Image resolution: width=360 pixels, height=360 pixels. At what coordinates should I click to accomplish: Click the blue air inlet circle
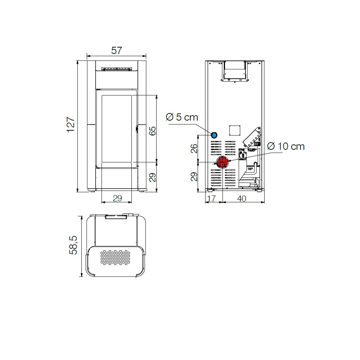tap(214, 135)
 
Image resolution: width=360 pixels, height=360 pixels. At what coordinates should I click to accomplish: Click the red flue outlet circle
tap(222, 162)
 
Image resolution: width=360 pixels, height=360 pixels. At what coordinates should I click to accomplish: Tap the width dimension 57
tap(117, 50)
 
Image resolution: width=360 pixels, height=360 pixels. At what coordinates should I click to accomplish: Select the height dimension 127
tap(71, 125)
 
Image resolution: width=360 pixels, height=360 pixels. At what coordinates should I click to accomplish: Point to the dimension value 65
tap(152, 131)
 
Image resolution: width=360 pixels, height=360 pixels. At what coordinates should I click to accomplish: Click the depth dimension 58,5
tap(73, 245)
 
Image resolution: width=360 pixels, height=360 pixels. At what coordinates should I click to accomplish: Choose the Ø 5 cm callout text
tap(182, 117)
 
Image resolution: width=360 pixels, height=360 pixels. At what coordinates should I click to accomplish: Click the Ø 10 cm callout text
tap(286, 146)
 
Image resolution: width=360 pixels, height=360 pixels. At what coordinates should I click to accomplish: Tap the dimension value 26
tap(194, 149)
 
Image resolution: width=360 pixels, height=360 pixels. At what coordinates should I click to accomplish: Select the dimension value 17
tap(211, 198)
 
